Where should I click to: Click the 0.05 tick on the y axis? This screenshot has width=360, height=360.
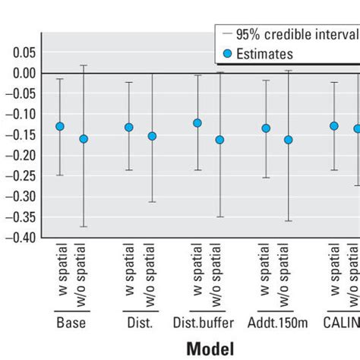[21, 52]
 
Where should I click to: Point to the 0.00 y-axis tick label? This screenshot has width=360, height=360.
[21, 73]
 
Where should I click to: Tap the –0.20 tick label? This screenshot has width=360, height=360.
[19, 155]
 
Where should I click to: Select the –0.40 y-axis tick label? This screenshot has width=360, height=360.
[19, 237]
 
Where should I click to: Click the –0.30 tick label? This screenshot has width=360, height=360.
[19, 196]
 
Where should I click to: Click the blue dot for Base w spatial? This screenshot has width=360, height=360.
[60, 126]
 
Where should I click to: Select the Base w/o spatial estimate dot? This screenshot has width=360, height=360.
[84, 139]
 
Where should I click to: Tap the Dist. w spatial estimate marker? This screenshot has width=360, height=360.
[129, 127]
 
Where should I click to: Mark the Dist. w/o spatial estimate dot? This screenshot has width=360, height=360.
[152, 136]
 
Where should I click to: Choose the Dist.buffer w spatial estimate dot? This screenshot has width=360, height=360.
[197, 122]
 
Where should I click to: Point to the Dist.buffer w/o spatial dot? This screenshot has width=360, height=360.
[220, 140]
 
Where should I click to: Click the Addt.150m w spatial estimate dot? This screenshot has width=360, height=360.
[266, 128]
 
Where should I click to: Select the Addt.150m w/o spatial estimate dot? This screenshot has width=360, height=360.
[289, 140]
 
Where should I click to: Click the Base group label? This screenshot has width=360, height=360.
[71, 322]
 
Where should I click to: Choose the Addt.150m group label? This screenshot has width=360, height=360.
[276, 322]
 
